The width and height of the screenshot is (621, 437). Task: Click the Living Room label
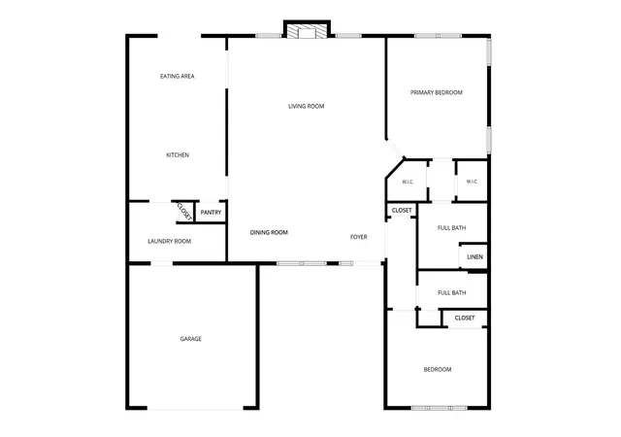pyautogui.click(x=307, y=106)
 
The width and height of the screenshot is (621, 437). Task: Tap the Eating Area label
pyautogui.click(x=177, y=76)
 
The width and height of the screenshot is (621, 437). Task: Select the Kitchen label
pyautogui.click(x=178, y=155)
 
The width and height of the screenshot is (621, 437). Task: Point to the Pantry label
pyautogui.click(x=211, y=213)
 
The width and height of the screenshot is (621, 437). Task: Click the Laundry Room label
pyautogui.click(x=170, y=241)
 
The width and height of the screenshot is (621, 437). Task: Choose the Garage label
pyautogui.click(x=191, y=339)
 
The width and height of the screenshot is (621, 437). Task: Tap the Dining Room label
pyautogui.click(x=269, y=232)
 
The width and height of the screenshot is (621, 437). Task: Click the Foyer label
pyautogui.click(x=359, y=237)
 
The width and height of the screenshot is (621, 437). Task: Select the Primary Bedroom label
pyautogui.click(x=437, y=92)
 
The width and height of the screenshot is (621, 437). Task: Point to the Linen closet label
pyautogui.click(x=474, y=257)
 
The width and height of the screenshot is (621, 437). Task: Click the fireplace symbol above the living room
pyautogui.click(x=307, y=31)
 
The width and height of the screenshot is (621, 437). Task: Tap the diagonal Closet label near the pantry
pyautogui.click(x=184, y=212)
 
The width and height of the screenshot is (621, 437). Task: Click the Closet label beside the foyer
pyautogui.click(x=402, y=210)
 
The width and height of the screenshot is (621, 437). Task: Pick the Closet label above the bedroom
pyautogui.click(x=465, y=318)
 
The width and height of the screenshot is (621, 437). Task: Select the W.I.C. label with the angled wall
pyautogui.click(x=408, y=182)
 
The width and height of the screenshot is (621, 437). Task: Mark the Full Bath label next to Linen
pyautogui.click(x=451, y=228)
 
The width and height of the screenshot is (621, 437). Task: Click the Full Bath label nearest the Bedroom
pyautogui.click(x=451, y=293)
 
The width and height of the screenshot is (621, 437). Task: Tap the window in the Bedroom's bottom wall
pyautogui.click(x=440, y=408)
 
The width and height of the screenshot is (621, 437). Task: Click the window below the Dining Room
pyautogui.click(x=302, y=263)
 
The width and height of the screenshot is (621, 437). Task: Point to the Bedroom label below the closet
pyautogui.click(x=438, y=370)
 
